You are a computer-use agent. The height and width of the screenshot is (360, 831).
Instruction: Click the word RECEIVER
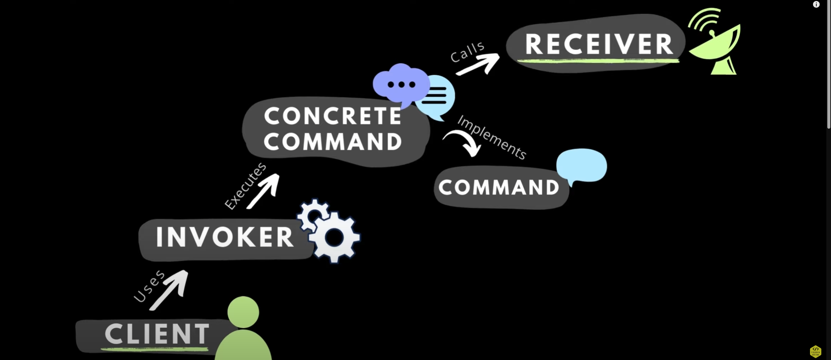click(x=599, y=44)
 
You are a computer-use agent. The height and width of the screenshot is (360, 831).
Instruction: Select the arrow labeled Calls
click(x=479, y=65)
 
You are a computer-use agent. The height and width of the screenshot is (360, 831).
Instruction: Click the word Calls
click(x=467, y=52)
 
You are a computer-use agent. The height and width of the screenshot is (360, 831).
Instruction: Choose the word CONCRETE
click(x=332, y=116)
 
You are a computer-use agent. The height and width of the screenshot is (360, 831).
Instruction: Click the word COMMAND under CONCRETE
click(x=332, y=142)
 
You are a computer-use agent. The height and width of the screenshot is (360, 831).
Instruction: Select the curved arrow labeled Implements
click(x=464, y=142)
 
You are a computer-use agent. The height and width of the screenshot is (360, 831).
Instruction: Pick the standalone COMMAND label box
click(x=499, y=187)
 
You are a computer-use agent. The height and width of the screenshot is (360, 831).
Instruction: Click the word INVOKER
click(x=224, y=237)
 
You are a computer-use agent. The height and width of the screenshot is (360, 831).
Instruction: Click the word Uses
click(x=149, y=286)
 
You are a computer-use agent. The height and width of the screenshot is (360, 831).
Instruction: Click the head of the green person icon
click(x=243, y=312)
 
